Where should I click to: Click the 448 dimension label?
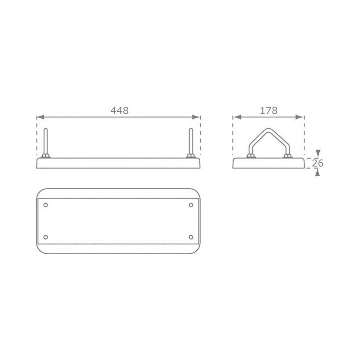point(120,110)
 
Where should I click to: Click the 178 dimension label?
point(269,110)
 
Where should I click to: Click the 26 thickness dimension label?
point(318,163)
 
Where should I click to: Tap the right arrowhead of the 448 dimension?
point(197,117)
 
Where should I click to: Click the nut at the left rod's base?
point(46,157)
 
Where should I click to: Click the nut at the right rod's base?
point(191,157)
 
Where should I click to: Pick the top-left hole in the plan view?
point(46,205)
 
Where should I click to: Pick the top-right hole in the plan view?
point(191,205)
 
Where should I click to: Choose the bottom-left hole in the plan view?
point(46,237)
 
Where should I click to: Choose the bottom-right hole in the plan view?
point(191,237)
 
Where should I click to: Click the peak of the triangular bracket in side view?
point(268,129)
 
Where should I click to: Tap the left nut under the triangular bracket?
point(250,156)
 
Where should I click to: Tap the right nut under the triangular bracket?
point(287,156)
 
